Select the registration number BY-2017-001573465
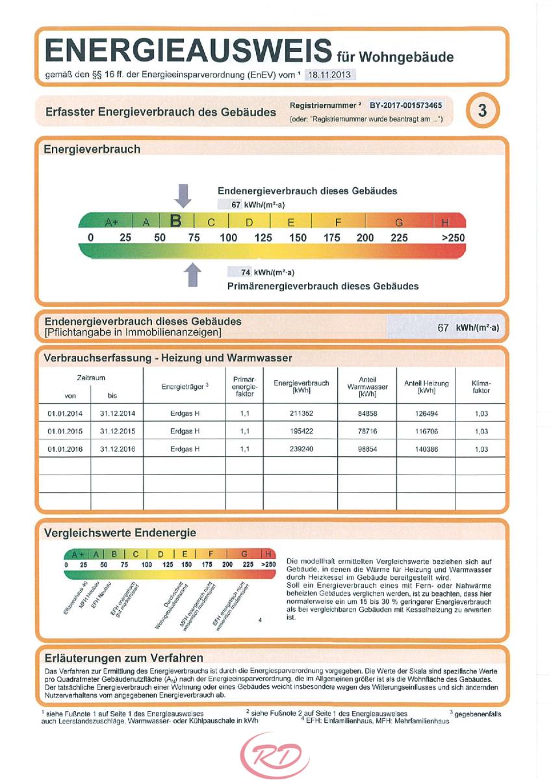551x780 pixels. pos(406,105)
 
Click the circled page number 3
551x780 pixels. pos(482,111)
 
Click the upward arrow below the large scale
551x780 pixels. pos(192,274)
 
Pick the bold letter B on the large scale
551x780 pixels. pos(175,222)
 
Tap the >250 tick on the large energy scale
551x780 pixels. pos(453,238)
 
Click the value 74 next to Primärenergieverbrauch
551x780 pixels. pos(246,272)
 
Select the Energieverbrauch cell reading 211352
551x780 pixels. pos(301,413)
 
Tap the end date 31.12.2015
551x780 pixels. pos(117,431)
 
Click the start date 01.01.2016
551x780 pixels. pos(64,448)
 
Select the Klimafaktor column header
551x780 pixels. pos(481,387)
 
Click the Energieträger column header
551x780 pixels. pos(185,387)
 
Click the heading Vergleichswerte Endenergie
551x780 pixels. pos(120,533)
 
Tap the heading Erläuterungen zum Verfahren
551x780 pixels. pos(123,658)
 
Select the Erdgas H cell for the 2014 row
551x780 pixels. pos(185,413)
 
